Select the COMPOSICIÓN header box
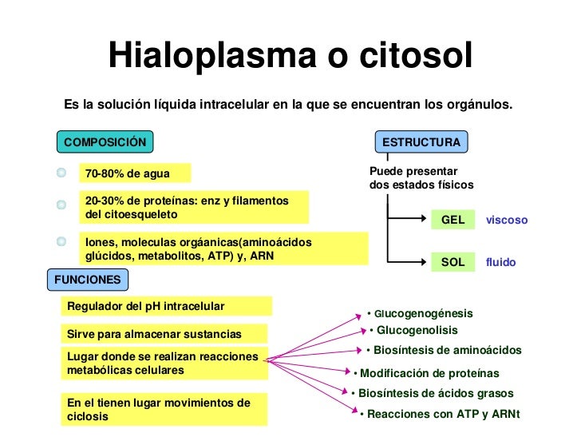pyautogui.click(x=105, y=142)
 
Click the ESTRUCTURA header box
pyautogui.click(x=421, y=142)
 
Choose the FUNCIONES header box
pyautogui.click(x=88, y=280)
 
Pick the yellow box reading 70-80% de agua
pyautogui.click(x=133, y=173)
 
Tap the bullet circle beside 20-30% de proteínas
pyautogui.click(x=61, y=205)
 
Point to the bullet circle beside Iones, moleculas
pyautogui.click(x=61, y=240)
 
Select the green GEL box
pyautogui.click(x=453, y=220)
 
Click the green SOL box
pyautogui.click(x=453, y=262)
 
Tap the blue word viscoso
pyautogui.click(x=507, y=220)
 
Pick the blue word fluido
pyautogui.click(x=501, y=262)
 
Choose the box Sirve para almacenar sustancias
pyautogui.click(x=165, y=333)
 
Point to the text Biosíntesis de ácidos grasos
pyautogui.click(x=436, y=393)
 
